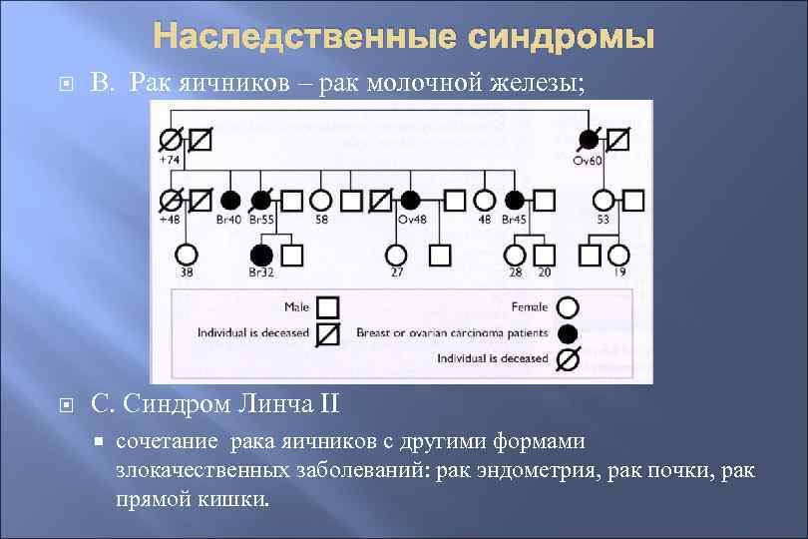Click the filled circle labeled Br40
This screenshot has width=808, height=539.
(230, 201)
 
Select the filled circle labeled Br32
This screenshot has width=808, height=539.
(262, 255)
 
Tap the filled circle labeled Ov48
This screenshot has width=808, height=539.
(409, 201)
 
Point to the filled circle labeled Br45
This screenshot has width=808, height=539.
(515, 201)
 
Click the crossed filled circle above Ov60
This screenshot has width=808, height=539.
(589, 141)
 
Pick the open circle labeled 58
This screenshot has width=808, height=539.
(321, 201)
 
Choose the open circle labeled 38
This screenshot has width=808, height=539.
(187, 255)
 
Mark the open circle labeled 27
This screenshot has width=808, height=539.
(396, 255)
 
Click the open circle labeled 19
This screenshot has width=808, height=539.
(618, 255)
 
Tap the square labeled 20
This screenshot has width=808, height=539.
(544, 255)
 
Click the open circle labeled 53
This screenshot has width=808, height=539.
(603, 201)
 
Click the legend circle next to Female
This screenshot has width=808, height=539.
(569, 306)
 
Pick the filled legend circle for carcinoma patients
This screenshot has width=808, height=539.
(569, 332)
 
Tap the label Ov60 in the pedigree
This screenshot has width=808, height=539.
(588, 161)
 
